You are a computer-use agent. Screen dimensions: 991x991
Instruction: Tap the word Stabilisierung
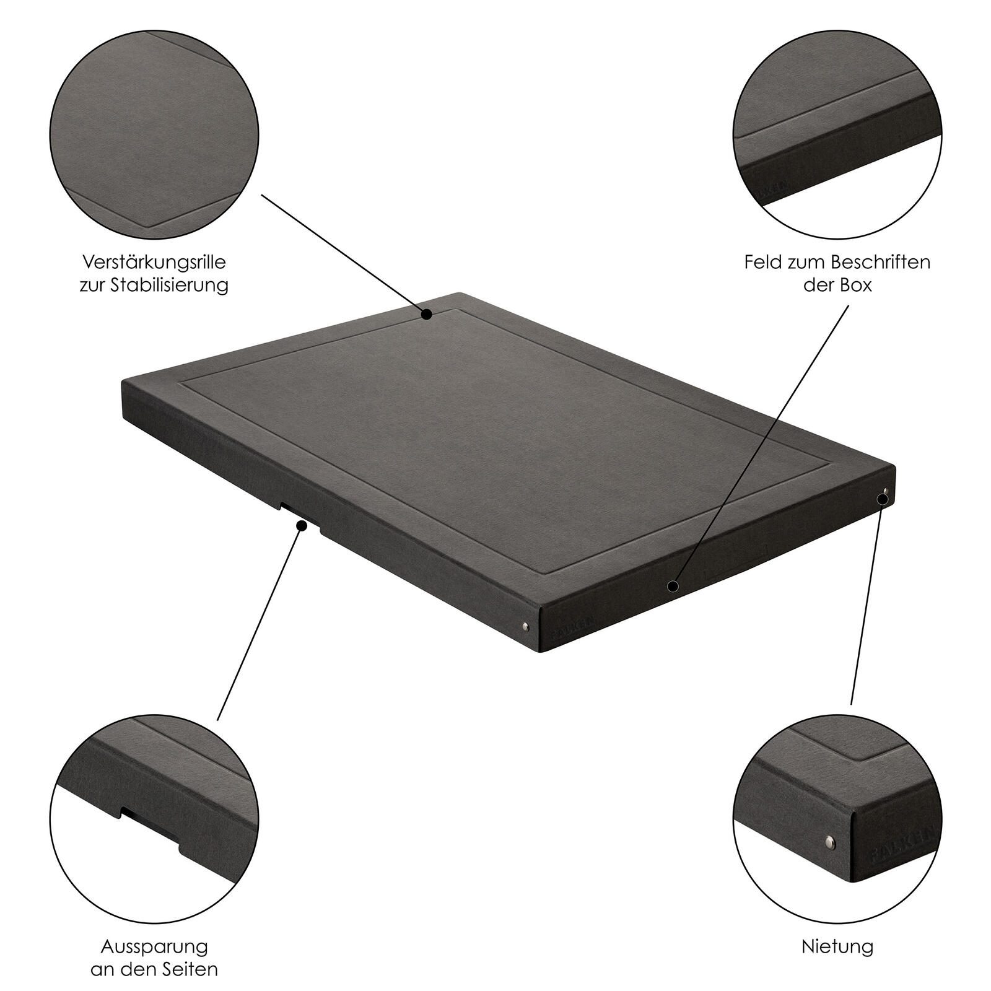click(x=169, y=286)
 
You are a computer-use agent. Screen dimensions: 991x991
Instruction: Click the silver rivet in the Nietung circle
click(x=831, y=840)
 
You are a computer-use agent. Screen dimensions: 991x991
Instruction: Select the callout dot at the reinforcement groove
click(x=426, y=315)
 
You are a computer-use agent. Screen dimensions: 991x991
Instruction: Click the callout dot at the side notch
click(x=302, y=526)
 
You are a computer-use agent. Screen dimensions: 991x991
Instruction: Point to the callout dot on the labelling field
click(x=673, y=585)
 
